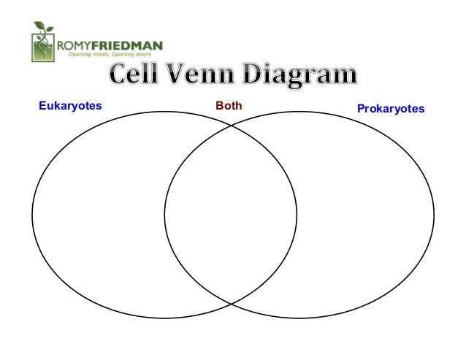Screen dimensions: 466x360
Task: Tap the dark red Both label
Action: tap(229, 106)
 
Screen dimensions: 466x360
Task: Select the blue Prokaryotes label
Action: tap(391, 108)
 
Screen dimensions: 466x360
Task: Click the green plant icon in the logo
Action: tap(44, 42)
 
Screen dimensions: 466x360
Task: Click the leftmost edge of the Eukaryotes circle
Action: tap(32, 215)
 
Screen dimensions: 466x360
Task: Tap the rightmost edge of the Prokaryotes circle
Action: tap(434, 215)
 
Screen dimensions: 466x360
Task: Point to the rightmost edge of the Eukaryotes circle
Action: tap(297, 215)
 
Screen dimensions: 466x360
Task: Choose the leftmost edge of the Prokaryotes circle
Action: tap(164, 215)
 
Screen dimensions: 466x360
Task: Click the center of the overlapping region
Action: tap(231, 215)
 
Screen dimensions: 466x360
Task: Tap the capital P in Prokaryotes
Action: tap(360, 108)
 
